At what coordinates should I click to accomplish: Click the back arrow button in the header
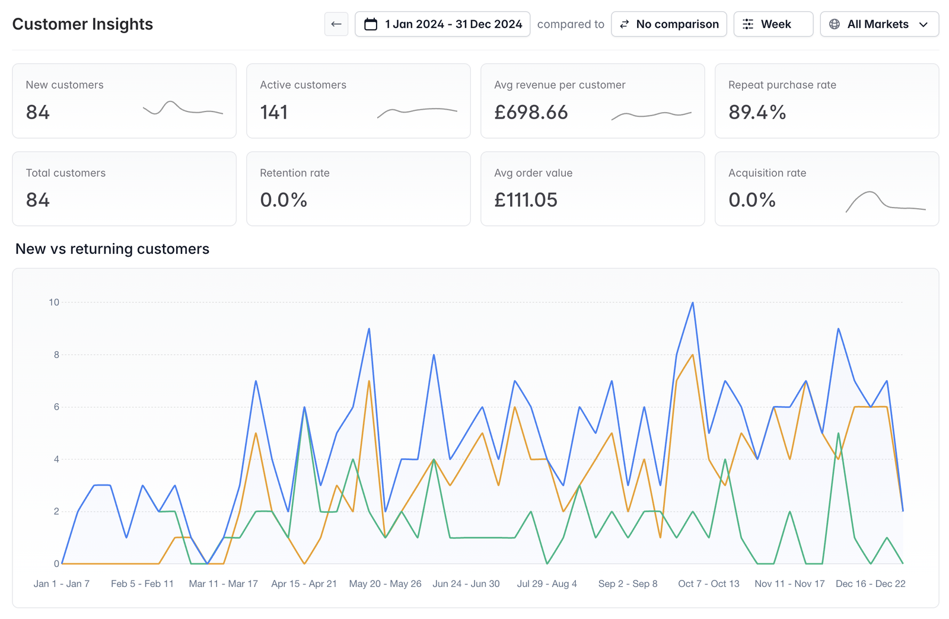[x=336, y=24]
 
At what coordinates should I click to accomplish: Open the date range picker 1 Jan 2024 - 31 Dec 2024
[x=442, y=24]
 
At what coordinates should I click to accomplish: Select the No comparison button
[x=669, y=24]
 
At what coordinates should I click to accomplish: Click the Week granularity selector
[x=773, y=24]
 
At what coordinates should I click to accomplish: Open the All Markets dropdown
[x=880, y=24]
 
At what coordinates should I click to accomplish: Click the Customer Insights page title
[x=82, y=24]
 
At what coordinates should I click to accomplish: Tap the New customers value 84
[x=38, y=112]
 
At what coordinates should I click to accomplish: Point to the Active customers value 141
[x=273, y=112]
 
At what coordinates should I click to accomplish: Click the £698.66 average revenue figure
[x=531, y=112]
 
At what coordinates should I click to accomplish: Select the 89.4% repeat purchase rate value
[x=757, y=112]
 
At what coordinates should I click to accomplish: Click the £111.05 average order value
[x=526, y=200]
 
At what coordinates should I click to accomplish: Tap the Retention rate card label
[x=295, y=173]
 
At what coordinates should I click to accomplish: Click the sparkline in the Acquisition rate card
[x=886, y=202]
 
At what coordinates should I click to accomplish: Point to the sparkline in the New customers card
[x=183, y=108]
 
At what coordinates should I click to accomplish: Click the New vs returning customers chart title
[x=112, y=248]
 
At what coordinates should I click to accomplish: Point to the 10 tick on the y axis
[x=54, y=302]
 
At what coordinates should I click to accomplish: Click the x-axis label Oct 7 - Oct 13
[x=708, y=583]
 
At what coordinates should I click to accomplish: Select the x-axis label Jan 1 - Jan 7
[x=62, y=583]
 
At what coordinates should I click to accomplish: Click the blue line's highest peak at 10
[x=693, y=303]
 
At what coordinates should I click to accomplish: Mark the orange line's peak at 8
[x=693, y=355]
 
